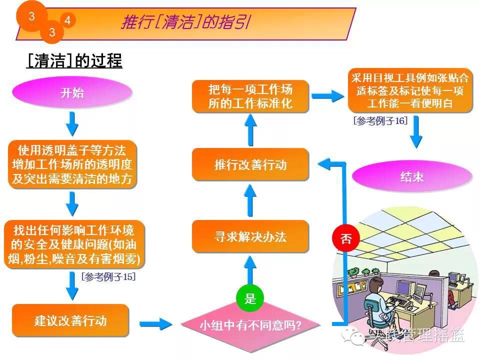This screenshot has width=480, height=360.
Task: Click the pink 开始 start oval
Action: click(72, 93)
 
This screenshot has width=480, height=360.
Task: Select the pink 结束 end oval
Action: click(411, 177)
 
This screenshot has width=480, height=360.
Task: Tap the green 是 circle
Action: click(250, 299)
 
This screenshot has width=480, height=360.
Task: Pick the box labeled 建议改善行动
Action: click(70, 320)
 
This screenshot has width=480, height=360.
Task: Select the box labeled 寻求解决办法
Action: click(250, 236)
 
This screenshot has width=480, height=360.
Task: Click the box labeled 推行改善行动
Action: click(250, 164)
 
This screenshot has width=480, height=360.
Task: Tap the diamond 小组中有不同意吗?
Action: click(250, 325)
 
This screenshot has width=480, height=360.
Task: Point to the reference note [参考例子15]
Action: click(108, 276)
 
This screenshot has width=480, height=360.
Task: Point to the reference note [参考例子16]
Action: click(380, 120)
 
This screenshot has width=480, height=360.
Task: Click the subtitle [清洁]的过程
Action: click(74, 61)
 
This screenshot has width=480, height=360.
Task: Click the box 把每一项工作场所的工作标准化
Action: click(250, 96)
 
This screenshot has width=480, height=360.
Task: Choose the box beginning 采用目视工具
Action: click(410, 90)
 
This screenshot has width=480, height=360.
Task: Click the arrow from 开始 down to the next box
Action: click(72, 123)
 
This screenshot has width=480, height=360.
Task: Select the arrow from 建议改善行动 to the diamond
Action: click(155, 324)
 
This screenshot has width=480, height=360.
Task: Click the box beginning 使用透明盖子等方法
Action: click(72, 164)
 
